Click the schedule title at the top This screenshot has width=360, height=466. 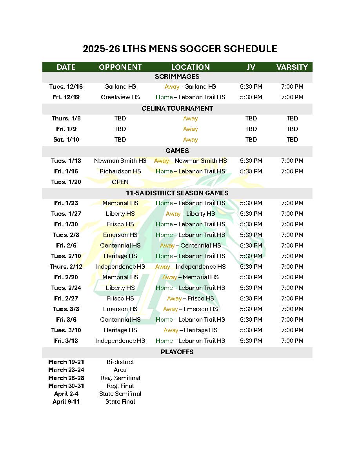click(x=180, y=49)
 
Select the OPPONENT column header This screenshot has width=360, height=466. click(x=120, y=67)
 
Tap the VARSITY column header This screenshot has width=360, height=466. click(x=292, y=67)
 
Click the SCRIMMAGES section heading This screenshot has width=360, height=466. click(x=177, y=76)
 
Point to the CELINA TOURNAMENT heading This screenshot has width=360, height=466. click(x=177, y=108)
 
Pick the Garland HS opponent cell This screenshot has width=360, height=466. click(x=120, y=87)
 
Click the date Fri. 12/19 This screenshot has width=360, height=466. click(x=66, y=97)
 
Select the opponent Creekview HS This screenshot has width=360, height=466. click(x=120, y=97)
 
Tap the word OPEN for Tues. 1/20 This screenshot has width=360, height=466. click(x=120, y=182)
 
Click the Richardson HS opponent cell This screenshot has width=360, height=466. click(x=120, y=171)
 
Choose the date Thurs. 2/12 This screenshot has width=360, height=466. click(x=66, y=267)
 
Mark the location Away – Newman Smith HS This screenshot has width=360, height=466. click(x=190, y=161)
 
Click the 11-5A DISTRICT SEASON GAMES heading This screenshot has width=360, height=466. click(x=177, y=193)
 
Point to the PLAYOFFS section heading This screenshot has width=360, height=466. click(x=177, y=352)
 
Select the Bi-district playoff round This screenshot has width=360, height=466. click(x=120, y=362)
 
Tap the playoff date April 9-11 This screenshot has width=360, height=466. click(x=66, y=402)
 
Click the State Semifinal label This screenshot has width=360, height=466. click(x=120, y=394)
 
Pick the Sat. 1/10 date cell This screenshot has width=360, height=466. click(x=66, y=140)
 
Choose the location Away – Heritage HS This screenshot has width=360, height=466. click(x=190, y=330)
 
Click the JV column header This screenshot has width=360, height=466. click(x=251, y=67)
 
